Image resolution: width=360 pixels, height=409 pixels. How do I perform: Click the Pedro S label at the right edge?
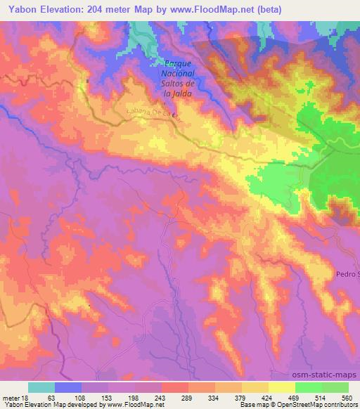[347, 273]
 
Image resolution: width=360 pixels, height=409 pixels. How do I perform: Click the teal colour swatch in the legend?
[41, 387]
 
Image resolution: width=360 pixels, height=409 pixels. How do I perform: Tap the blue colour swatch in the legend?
[68, 387]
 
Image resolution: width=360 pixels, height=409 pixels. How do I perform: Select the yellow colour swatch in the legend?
[282, 387]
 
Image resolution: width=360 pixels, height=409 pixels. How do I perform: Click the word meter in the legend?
[9, 397]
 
